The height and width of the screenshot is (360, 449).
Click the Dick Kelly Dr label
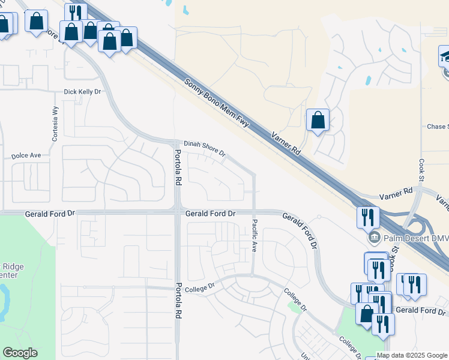[83, 92]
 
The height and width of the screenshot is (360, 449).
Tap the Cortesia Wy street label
[55, 123]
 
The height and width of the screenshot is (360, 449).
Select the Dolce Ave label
[26, 155]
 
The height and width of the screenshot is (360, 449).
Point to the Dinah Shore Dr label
[204, 148]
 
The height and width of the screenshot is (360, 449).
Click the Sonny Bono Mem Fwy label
[216, 103]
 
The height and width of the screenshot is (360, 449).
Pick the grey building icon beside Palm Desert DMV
[375, 237]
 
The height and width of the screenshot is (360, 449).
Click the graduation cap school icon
[445, 58]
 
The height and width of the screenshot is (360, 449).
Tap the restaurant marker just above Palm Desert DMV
[367, 217]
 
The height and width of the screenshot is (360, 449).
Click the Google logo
[20, 353]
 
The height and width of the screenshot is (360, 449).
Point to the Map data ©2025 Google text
[412, 355]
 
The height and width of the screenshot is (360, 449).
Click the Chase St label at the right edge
[437, 127]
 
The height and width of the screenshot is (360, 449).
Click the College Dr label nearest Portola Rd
[199, 289]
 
